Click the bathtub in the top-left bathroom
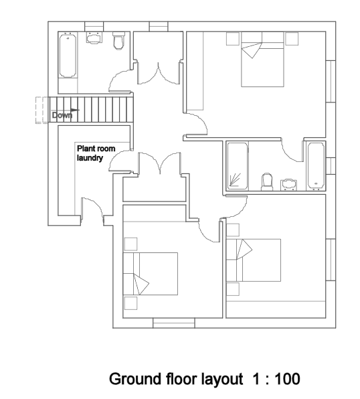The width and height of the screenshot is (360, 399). click(68, 57)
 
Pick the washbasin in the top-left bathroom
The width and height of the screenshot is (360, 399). click(94, 37)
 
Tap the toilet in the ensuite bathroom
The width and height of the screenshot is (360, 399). click(266, 181)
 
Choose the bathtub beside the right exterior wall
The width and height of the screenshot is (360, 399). click(315, 165)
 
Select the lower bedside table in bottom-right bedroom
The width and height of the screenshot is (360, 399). click(233, 289)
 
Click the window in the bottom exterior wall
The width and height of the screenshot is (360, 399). click(173, 325)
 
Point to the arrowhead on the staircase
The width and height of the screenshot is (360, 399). click(76, 109)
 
